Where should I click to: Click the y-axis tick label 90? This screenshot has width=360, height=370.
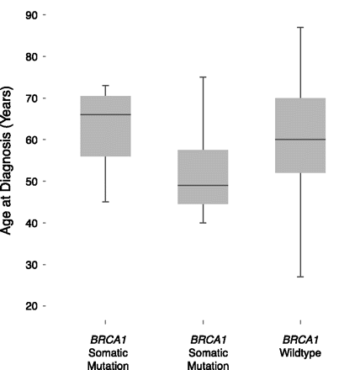point(29,15)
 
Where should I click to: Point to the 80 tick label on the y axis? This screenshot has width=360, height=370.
point(29,56)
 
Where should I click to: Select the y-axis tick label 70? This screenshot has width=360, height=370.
point(29,98)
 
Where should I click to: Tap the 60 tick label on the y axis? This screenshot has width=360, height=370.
point(29,140)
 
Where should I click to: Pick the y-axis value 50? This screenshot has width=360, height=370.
point(29,181)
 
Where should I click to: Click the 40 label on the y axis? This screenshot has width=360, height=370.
point(29,223)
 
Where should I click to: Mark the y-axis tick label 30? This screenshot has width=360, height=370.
point(29,264)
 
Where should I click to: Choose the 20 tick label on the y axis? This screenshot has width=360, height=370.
point(29,306)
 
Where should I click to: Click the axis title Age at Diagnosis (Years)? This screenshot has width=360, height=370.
point(8,160)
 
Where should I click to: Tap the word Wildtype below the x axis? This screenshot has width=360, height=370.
point(300,353)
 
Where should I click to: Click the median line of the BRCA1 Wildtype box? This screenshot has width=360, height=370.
point(300,140)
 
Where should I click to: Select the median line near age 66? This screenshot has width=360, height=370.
point(105,114)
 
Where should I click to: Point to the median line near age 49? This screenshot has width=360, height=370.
point(203,185)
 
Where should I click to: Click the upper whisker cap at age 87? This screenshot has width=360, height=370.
point(300,28)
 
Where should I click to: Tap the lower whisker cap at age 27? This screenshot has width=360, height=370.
point(300,277)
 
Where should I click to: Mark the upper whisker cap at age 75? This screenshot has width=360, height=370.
point(203,77)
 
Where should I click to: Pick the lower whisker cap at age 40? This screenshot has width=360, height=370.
point(203,223)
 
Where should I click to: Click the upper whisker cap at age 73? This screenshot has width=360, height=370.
point(105,86)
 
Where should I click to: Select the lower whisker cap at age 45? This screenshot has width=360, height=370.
point(105,202)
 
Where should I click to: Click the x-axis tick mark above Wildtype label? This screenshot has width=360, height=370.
point(300,321)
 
